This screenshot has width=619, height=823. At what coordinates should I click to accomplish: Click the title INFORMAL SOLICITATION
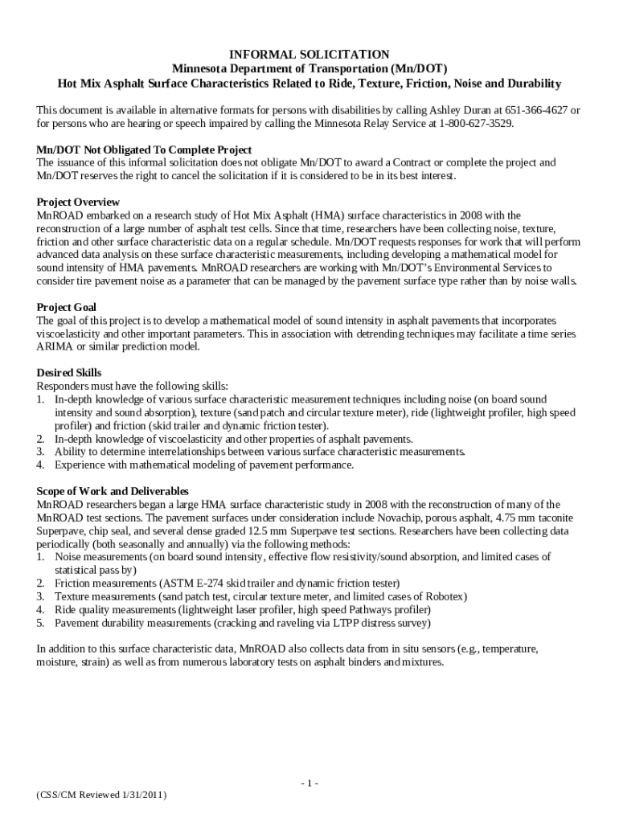pos(309,55)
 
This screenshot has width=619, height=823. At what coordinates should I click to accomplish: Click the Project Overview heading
pos(78,202)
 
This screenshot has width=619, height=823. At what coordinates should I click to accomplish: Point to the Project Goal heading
pos(68,307)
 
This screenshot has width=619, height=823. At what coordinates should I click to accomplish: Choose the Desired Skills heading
pos(69,372)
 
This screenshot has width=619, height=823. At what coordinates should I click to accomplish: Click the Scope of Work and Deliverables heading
pos(113,490)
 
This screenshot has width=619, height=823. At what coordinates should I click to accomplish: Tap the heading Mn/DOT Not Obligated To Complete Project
pos(145,149)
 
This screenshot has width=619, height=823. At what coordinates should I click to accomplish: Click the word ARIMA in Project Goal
pos(54,346)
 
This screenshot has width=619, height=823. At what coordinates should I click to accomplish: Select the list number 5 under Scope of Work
pos(40,623)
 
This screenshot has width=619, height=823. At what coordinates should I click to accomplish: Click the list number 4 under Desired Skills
pos(40,465)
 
